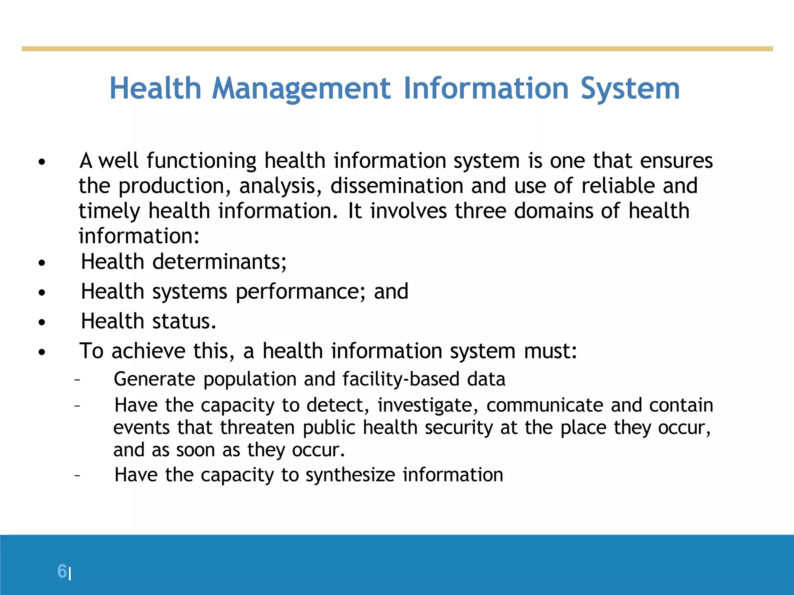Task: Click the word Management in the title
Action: [x=301, y=89]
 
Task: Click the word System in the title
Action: [x=630, y=89]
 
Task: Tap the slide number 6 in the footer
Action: [x=62, y=571]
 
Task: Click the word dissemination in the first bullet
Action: [x=397, y=186]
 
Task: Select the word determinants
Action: [x=219, y=262]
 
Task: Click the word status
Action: [x=184, y=321]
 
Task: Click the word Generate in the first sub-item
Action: [x=154, y=379]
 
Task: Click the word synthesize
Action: [x=350, y=475]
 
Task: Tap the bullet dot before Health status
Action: [x=42, y=322]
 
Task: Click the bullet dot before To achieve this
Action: [x=42, y=352]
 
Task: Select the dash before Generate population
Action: [x=77, y=379]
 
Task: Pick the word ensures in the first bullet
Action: [x=676, y=160]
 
